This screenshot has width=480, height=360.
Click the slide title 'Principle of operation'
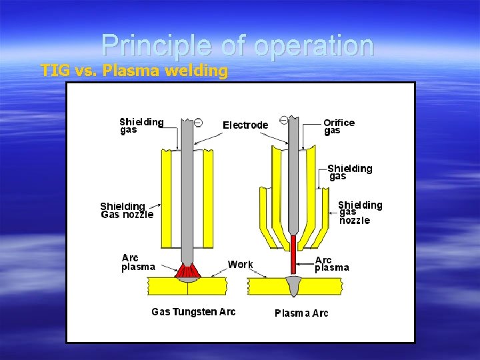tap(237, 45)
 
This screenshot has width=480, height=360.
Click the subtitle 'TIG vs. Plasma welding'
tap(134, 70)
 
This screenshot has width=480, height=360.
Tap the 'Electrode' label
tap(245, 125)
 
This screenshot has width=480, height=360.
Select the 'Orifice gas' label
tap(339, 127)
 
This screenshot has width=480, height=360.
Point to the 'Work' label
tap(240, 265)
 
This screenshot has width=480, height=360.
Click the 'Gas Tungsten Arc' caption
tap(193, 312)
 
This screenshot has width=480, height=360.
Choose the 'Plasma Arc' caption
tap(301, 313)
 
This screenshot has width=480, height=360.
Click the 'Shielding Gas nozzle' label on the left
tap(127, 210)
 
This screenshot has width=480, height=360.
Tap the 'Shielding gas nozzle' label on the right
tap(359, 212)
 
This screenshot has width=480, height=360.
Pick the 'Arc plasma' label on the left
tap(138, 263)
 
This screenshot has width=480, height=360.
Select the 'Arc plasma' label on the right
tap(331, 264)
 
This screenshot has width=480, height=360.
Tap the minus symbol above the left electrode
tap(198, 122)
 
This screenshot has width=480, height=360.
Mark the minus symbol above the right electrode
tap(284, 120)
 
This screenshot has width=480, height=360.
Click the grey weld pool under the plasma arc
tap(293, 287)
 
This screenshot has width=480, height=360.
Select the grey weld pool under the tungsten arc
tap(187, 281)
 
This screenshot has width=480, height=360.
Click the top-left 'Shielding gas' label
tap(141, 125)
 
